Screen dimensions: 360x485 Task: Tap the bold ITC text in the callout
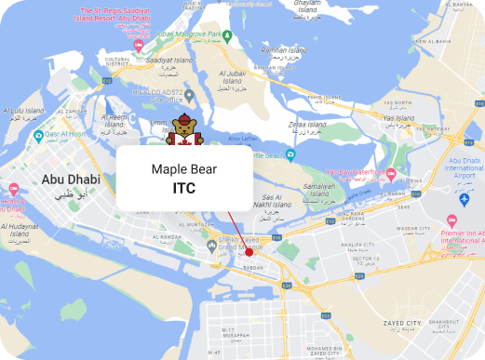(x=183, y=187)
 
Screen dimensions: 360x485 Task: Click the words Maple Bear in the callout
(x=183, y=170)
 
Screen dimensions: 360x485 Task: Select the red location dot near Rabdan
(x=249, y=252)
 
